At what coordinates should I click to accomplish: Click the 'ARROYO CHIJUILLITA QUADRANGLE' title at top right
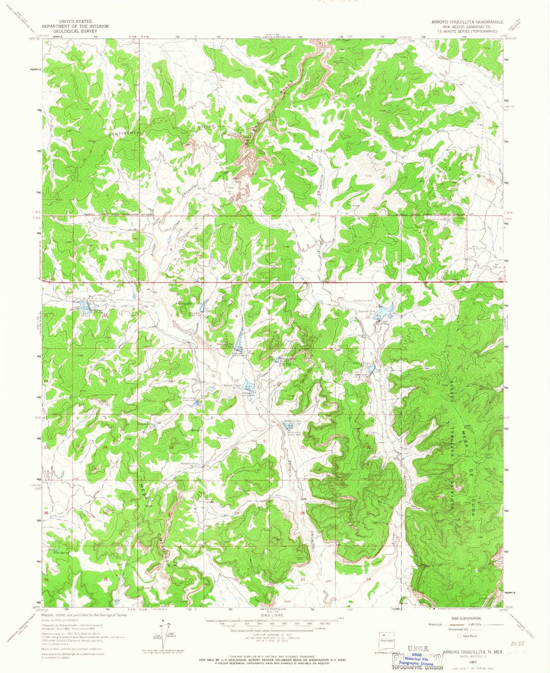click(x=467, y=22)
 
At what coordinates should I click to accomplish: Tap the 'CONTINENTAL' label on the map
click(x=125, y=133)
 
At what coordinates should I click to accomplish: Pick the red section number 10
click(x=368, y=317)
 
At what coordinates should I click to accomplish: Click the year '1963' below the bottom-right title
click(x=473, y=662)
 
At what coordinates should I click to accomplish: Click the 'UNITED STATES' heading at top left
click(x=75, y=22)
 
